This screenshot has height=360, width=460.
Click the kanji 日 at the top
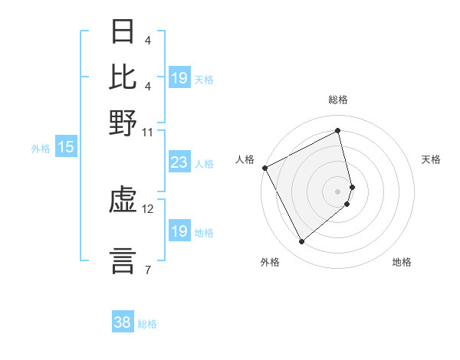(123, 31)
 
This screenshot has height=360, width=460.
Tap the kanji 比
(123, 77)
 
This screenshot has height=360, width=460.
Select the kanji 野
(123, 122)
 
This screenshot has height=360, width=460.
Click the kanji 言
(123, 259)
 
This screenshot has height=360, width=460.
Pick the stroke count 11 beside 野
(148, 132)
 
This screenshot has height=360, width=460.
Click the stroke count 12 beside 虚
(148, 208)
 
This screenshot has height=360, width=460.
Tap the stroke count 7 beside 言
(148, 269)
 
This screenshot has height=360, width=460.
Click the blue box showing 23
(179, 162)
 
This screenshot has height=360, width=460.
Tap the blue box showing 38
(122, 323)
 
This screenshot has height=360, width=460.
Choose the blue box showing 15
(65, 148)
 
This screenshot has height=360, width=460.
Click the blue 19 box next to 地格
(179, 231)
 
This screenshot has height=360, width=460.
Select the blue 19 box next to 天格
(179, 78)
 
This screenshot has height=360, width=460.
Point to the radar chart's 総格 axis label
(338, 100)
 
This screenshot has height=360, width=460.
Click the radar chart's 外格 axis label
(270, 262)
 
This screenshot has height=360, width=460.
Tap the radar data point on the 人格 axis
(264, 168)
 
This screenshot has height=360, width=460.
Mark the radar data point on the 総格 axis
(338, 131)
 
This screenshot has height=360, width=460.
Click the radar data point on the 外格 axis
(301, 242)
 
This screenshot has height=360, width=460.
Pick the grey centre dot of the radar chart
(338, 191)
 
